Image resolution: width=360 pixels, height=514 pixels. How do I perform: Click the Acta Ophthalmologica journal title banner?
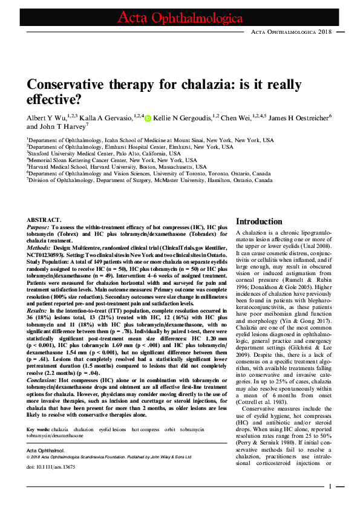click(x=180, y=17)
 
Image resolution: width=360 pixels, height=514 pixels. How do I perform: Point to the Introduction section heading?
click(x=259, y=222)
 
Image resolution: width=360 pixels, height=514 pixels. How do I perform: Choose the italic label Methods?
click(x=39, y=247)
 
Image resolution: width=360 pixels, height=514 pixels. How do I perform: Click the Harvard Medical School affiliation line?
click(x=117, y=167)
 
